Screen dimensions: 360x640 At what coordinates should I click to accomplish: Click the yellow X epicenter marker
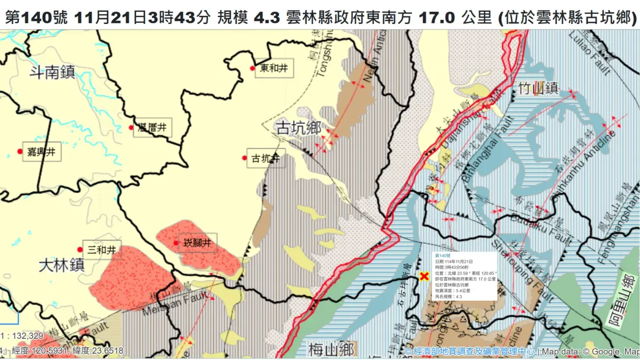425,276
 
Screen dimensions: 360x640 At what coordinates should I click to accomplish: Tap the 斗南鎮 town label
52,73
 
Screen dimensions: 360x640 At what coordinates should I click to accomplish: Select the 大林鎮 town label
62,266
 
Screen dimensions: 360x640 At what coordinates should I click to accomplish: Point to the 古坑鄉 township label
298,128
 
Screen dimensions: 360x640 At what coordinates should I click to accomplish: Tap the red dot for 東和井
252,68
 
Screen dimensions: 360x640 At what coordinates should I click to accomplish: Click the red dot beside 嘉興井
20,151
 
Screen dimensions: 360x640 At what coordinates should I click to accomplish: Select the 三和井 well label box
102,249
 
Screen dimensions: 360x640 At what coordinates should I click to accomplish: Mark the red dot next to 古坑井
245,157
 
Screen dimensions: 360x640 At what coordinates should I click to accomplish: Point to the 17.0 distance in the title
437,17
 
